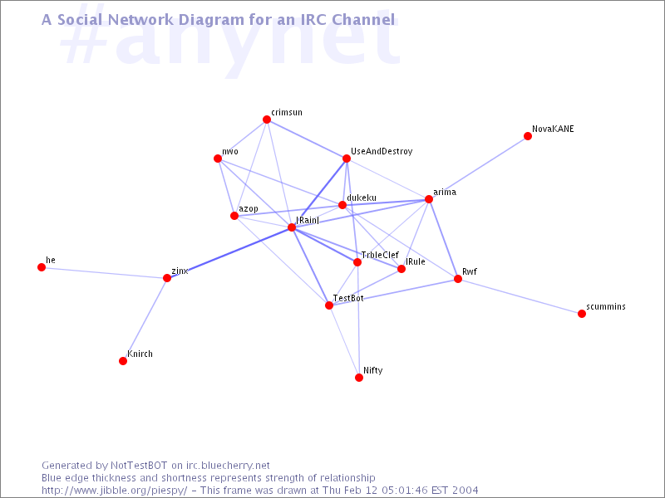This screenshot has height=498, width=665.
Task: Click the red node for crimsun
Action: click(267, 120)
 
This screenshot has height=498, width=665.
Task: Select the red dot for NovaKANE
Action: click(528, 136)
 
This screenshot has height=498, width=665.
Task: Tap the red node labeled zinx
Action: click(167, 278)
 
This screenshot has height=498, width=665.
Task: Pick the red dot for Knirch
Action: click(123, 361)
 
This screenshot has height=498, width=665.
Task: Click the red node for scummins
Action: click(582, 314)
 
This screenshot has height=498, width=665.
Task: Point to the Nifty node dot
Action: click(359, 378)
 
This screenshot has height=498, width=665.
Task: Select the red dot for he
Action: click(42, 267)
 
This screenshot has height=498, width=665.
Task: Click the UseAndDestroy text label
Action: click(382, 151)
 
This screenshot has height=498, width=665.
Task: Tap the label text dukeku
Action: click(362, 198)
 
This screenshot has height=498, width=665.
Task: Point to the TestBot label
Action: click(348, 298)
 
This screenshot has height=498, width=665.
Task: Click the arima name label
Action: click(445, 193)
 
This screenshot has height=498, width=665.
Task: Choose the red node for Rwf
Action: click(458, 279)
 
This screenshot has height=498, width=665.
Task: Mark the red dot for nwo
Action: click(218, 159)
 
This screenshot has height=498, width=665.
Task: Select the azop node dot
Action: click(234, 216)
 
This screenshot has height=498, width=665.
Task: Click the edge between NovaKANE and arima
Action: click(479, 168)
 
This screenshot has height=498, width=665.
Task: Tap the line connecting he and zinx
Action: click(105, 273)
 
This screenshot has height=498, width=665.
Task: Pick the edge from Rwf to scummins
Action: click(520, 296)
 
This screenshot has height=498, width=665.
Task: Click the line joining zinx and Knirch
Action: click(145, 320)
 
